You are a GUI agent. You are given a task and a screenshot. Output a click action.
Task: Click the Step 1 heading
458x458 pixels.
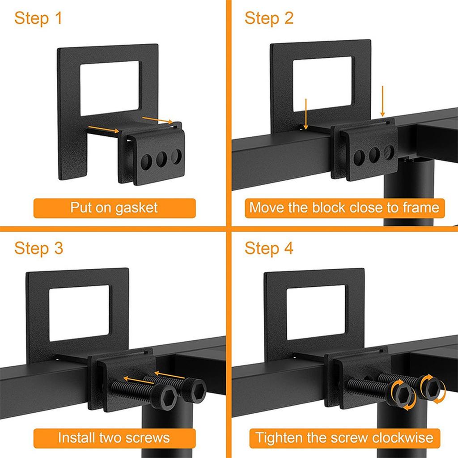[38, 19]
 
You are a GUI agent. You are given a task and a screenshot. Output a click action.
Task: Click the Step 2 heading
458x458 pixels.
[269, 19]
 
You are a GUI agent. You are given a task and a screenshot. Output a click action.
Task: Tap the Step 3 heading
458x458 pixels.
[38, 248]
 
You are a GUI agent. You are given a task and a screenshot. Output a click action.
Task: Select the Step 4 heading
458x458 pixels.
[269, 248]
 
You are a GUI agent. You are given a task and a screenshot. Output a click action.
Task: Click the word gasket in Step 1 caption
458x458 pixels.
[136, 208]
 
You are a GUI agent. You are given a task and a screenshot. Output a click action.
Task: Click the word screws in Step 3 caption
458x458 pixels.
[148, 437]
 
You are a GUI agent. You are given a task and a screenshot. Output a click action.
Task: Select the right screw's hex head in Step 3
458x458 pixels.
[195, 389]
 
